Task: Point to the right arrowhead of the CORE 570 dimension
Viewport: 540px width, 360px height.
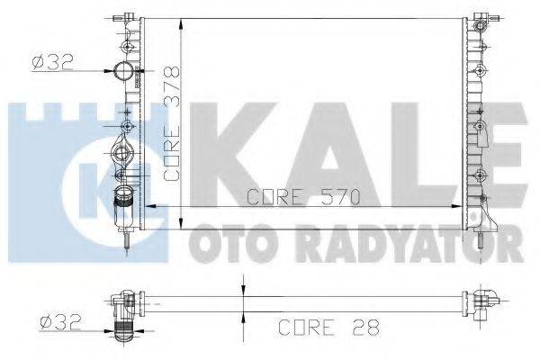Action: point(463,206)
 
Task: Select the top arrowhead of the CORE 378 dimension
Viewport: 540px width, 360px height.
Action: point(184,19)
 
